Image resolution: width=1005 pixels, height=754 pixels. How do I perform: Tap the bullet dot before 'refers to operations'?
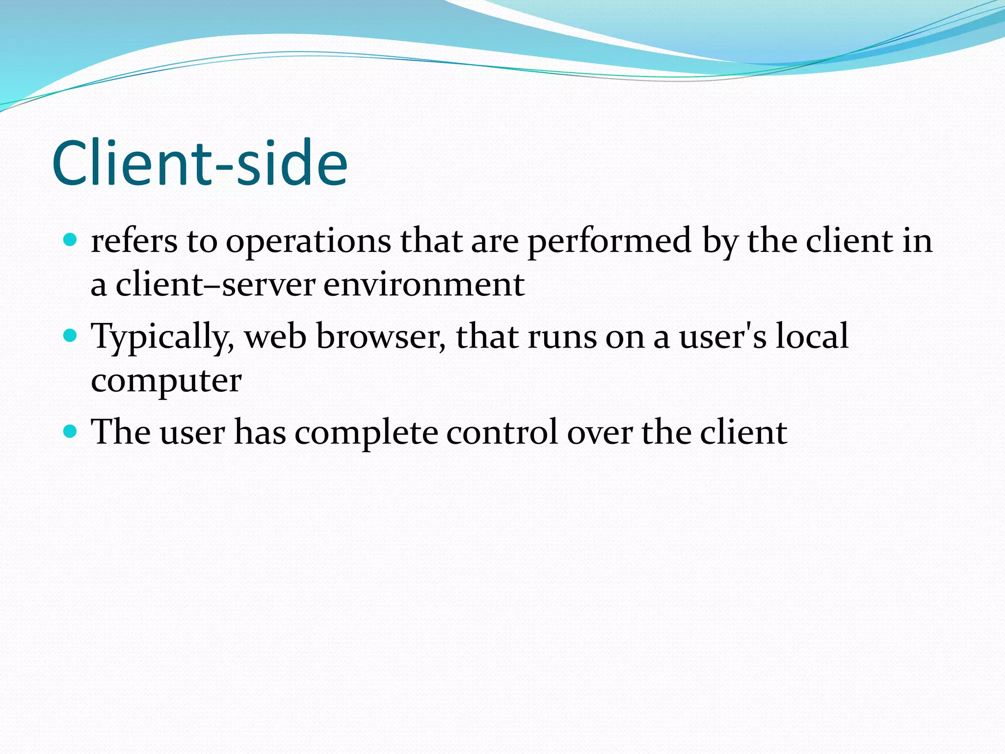(71, 240)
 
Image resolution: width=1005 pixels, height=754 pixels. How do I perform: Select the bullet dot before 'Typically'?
(71, 336)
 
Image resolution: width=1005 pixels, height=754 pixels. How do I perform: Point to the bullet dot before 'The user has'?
(71, 431)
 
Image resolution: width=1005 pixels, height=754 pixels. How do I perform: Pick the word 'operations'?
(308, 242)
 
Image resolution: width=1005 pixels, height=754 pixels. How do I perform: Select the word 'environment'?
(424, 285)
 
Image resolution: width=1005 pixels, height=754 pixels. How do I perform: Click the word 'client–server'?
(215, 285)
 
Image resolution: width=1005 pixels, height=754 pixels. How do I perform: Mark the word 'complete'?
(366, 433)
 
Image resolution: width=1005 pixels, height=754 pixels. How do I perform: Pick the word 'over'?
(600, 433)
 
